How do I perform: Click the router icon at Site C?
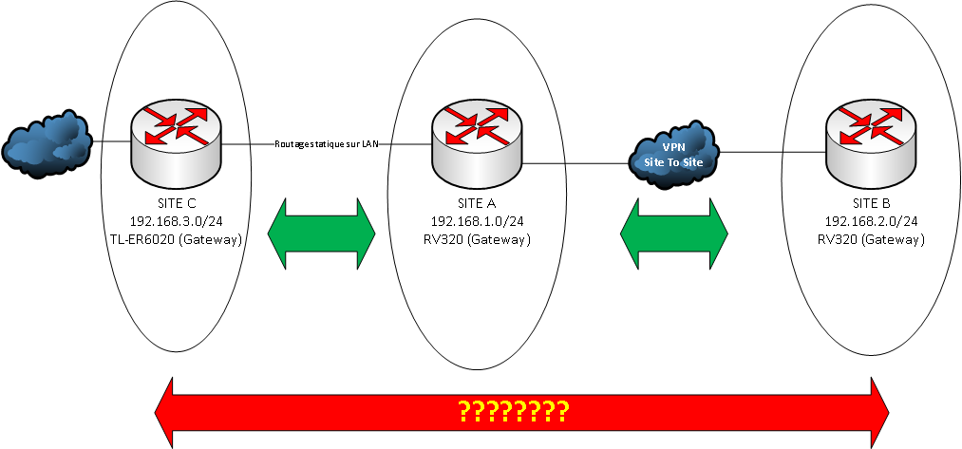[176, 142]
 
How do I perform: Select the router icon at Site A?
[475, 142]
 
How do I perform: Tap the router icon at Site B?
[870, 142]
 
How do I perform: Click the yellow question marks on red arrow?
[514, 411]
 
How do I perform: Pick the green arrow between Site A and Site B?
[674, 233]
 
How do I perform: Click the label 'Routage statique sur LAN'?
[326, 143]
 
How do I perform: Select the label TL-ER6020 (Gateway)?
[177, 240]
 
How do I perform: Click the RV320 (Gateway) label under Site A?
[476, 240]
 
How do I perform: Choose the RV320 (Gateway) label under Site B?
[871, 240]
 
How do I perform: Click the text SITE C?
[177, 204]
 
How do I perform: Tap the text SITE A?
[476, 204]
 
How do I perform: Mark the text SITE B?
[871, 204]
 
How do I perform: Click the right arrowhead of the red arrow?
[876, 411]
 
